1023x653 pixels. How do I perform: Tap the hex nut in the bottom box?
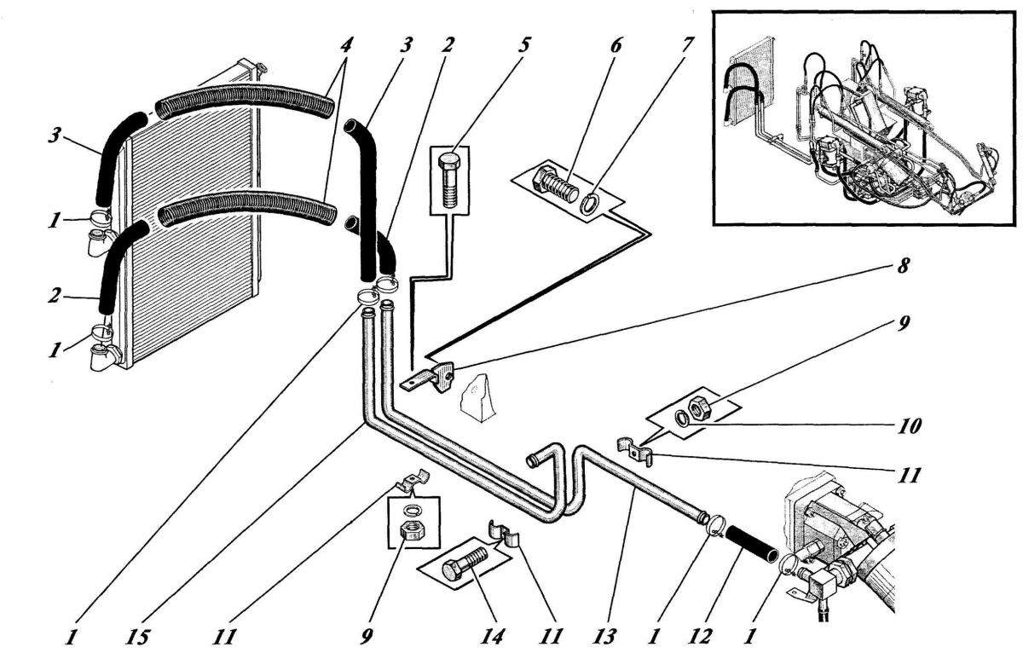[413, 534]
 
